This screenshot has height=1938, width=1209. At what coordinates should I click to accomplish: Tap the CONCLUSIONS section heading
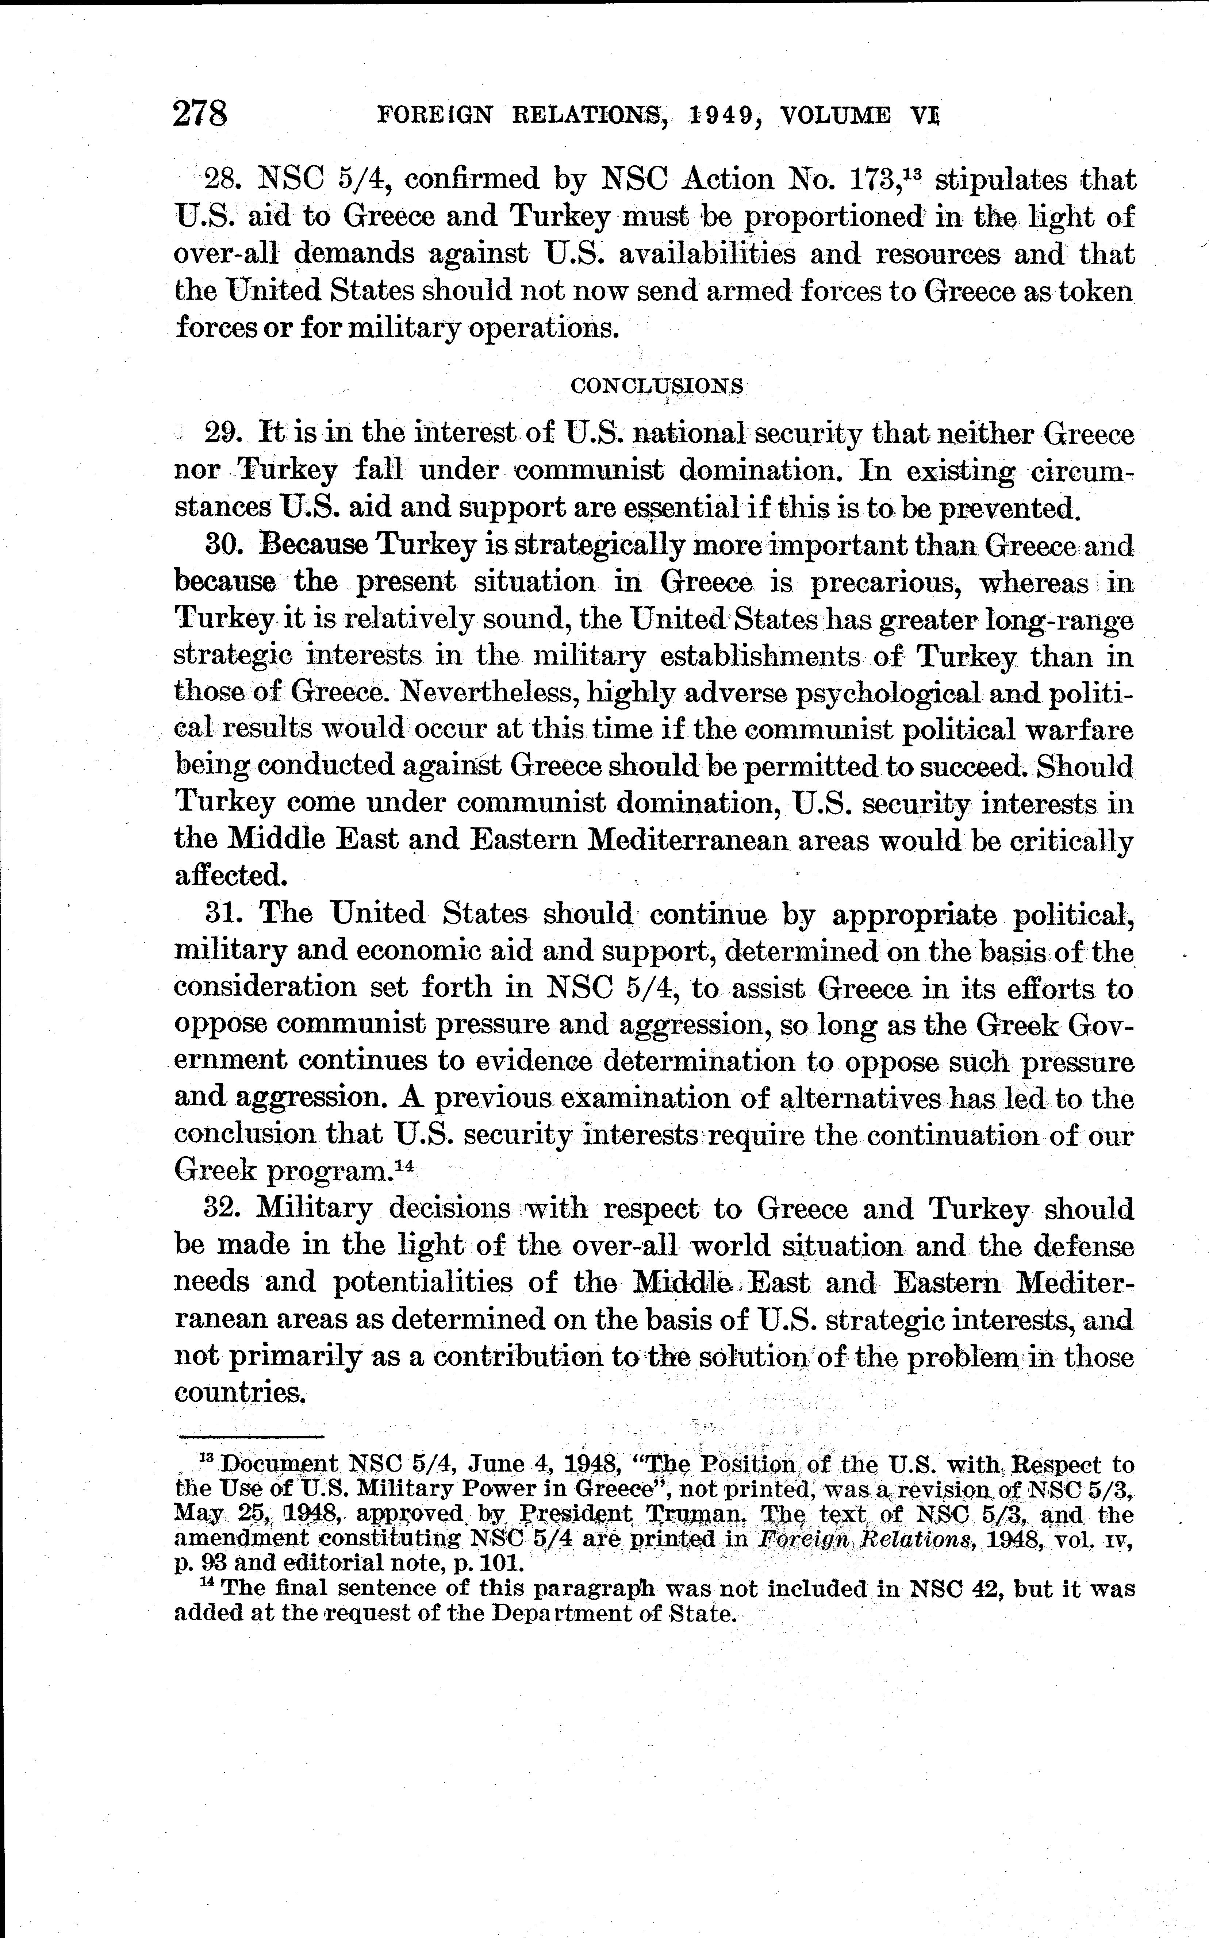[x=656, y=386]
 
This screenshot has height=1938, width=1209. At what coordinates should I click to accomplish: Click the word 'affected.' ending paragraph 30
[x=230, y=876]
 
